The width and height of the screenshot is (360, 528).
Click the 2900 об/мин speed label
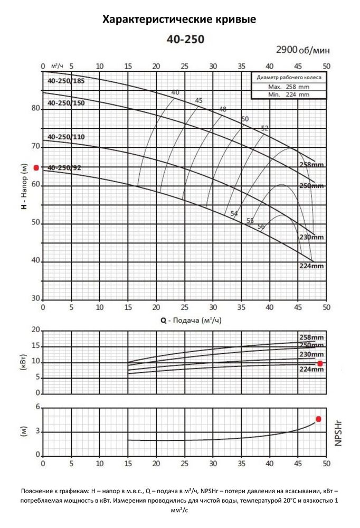tap(303, 50)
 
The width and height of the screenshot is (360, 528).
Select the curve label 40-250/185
tap(65, 81)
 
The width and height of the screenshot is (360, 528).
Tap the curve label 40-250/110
tap(65, 137)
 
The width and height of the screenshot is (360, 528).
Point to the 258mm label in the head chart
tap(311, 165)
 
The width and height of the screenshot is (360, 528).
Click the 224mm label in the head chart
tap(311, 266)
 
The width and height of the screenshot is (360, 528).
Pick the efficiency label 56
tap(261, 227)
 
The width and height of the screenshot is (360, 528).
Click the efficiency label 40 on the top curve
tap(175, 93)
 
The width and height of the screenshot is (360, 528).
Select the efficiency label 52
tap(264, 128)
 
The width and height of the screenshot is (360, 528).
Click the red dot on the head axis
tap(36, 167)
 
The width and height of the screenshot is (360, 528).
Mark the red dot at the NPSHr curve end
tap(319, 419)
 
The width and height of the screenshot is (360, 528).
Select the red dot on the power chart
tap(320, 363)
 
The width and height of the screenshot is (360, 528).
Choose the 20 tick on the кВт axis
tap(36, 330)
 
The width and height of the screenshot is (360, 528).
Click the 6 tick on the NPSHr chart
tap(37, 407)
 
